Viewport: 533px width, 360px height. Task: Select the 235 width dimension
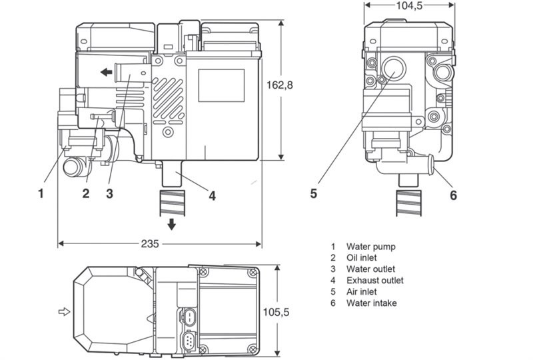[150, 244]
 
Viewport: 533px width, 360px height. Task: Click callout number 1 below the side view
[41, 194]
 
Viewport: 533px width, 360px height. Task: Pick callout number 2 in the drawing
[86, 194]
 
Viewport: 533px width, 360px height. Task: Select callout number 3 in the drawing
[109, 194]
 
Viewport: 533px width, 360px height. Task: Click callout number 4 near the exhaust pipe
[212, 196]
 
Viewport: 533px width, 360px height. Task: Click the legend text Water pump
[371, 247]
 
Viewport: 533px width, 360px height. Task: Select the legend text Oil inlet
[364, 258]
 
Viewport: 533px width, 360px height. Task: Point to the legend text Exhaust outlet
[374, 281]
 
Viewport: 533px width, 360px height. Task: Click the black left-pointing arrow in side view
[104, 73]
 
